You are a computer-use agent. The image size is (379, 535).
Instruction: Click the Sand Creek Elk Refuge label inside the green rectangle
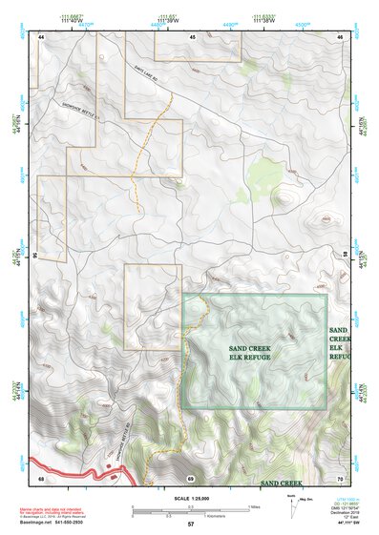(x=250, y=354)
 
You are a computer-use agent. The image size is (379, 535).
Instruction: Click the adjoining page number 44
(x=42, y=36)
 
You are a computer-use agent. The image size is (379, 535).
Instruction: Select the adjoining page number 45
(x=192, y=36)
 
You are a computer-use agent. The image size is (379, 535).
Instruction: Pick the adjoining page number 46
(x=340, y=36)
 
